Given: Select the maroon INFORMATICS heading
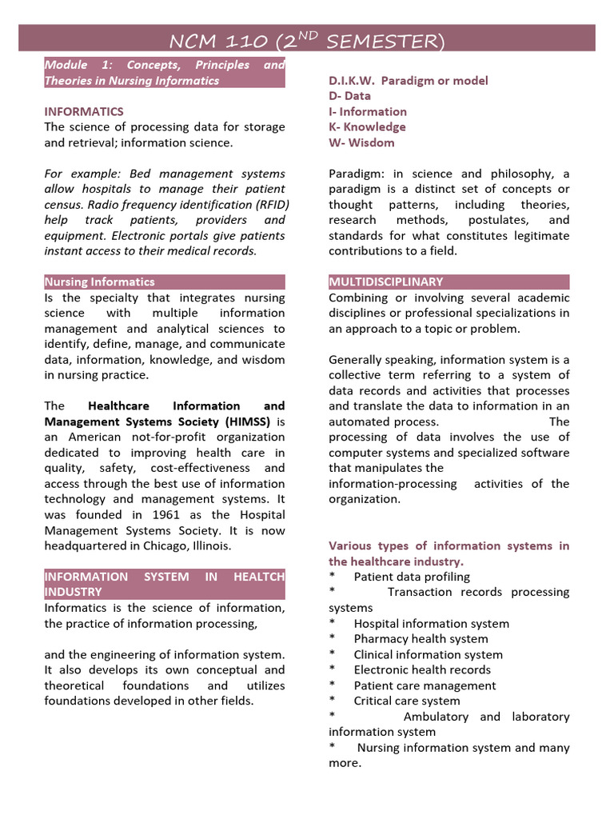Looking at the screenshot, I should (84, 111).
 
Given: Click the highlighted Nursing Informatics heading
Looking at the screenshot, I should (100, 282).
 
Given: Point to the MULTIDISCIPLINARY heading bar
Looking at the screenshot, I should (386, 282).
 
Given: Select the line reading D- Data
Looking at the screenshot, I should (349, 96).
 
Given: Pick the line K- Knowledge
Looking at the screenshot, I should (367, 126).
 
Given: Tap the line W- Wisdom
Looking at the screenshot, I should (361, 142).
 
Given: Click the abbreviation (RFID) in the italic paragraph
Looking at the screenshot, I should (268, 204).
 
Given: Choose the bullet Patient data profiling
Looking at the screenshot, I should (412, 577).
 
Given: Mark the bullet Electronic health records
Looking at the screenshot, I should (422, 669).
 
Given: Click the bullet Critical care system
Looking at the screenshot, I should (407, 701).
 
